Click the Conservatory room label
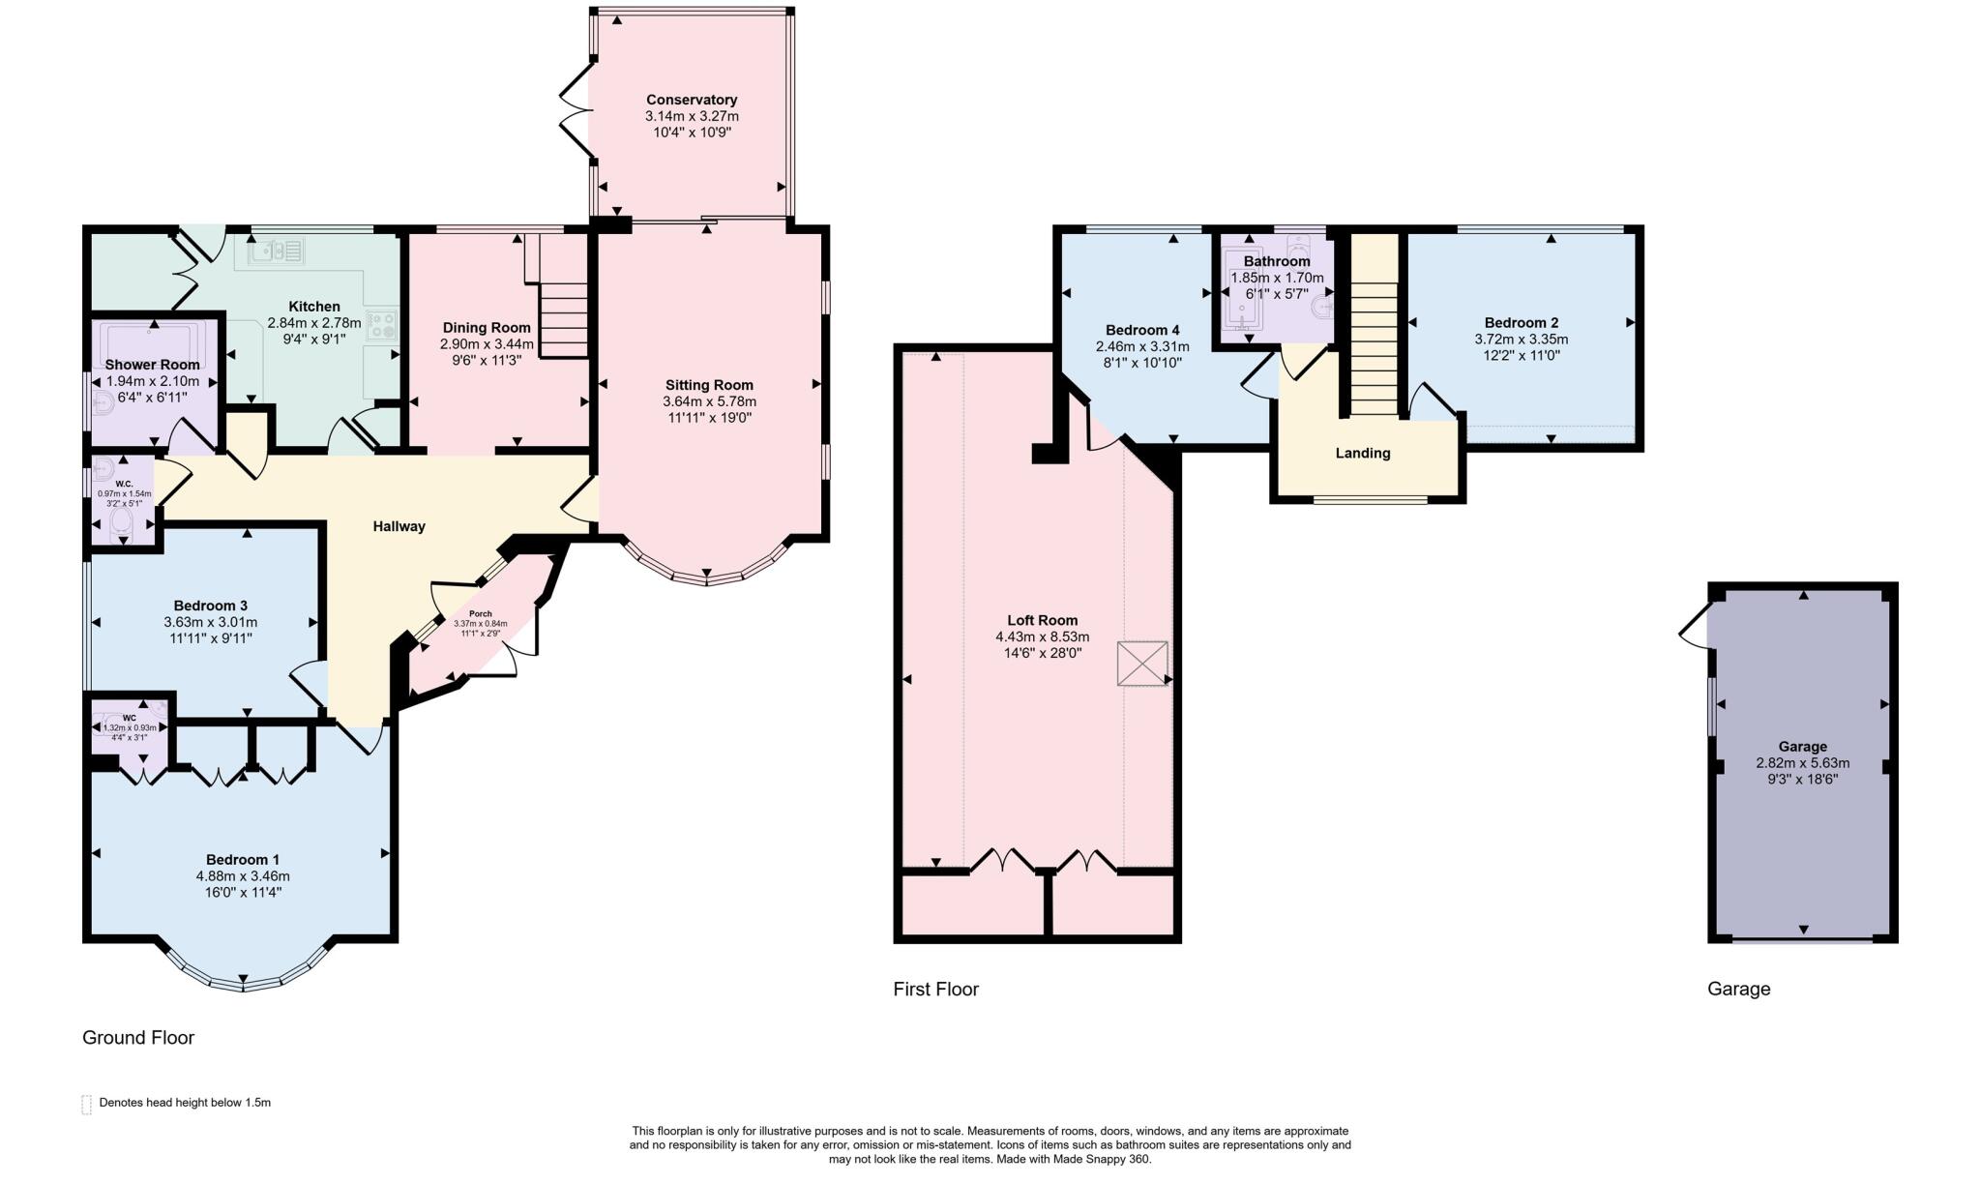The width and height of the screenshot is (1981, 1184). pyautogui.click(x=692, y=100)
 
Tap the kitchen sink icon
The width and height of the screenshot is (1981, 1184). pyautogui.click(x=276, y=252)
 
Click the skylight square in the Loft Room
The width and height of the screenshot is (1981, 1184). pyautogui.click(x=1141, y=664)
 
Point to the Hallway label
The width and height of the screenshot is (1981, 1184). pyautogui.click(x=399, y=526)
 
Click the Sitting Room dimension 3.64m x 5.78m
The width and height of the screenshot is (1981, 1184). pyautogui.click(x=709, y=401)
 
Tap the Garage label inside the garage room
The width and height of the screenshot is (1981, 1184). pyautogui.click(x=1802, y=746)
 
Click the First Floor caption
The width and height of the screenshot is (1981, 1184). pyautogui.click(x=935, y=989)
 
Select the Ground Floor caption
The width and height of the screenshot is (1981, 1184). pyautogui.click(x=138, y=1037)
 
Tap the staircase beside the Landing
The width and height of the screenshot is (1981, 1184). pyautogui.click(x=1374, y=348)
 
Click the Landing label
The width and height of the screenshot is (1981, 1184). pyautogui.click(x=1362, y=453)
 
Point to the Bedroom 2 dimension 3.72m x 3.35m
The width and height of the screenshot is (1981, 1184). pyautogui.click(x=1521, y=340)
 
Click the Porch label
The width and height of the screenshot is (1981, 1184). pyautogui.click(x=481, y=614)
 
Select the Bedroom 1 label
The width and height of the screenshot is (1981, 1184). pyautogui.click(x=243, y=859)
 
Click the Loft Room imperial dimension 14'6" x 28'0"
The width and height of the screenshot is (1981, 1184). pyautogui.click(x=1042, y=653)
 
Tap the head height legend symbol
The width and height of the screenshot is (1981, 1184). pyautogui.click(x=86, y=1104)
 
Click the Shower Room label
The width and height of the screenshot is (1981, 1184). pyautogui.click(x=152, y=365)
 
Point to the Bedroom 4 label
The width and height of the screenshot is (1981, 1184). pyautogui.click(x=1142, y=330)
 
